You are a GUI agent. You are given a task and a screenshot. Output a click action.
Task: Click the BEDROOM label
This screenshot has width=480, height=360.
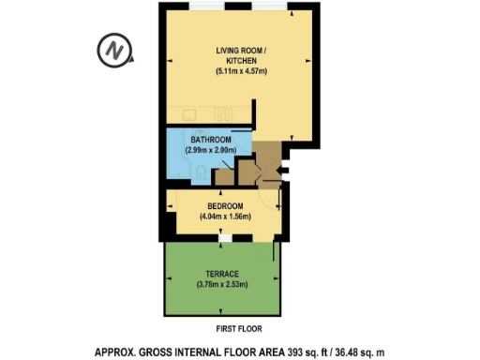pos(225,206)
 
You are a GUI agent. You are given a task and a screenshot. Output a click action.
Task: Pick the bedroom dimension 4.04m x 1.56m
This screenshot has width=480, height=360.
pos(225,217)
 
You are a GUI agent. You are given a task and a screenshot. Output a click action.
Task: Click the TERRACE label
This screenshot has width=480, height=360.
pos(222,275)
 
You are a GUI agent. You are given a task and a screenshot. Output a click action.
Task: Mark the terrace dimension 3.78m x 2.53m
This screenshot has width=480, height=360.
pos(222,285)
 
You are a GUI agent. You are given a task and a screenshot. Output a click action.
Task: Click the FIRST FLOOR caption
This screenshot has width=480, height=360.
pos(239,329)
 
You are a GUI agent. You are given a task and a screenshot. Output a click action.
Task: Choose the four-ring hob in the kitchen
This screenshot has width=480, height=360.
pos(224,114)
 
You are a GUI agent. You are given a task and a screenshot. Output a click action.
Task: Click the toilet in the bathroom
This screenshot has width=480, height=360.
pos(204,172)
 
